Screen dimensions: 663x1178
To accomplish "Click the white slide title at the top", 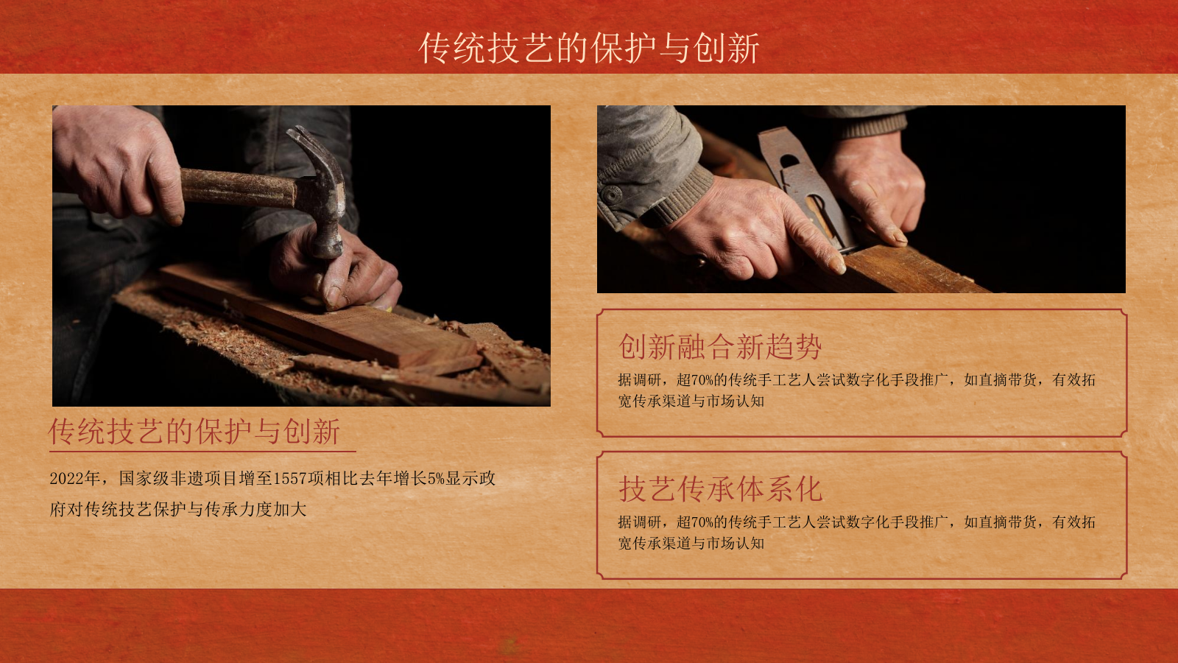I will (x=589, y=49).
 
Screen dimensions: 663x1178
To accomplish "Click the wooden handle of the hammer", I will (x=236, y=187).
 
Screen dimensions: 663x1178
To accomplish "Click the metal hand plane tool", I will (x=803, y=184).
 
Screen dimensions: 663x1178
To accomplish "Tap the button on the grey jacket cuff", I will (x=613, y=195).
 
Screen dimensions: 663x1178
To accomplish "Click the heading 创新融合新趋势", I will (x=719, y=346).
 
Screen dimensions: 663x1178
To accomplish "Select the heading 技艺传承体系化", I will (x=719, y=488).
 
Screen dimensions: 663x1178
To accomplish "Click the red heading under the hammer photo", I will (x=194, y=432).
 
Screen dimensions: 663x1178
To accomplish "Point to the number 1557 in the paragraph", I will (x=289, y=479).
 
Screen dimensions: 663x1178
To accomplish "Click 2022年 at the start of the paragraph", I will (x=74, y=479).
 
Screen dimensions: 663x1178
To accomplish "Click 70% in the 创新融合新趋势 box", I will (x=702, y=380).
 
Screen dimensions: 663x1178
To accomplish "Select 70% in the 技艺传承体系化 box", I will (x=702, y=522).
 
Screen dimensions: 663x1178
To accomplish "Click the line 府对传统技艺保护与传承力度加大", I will (x=178, y=510).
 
